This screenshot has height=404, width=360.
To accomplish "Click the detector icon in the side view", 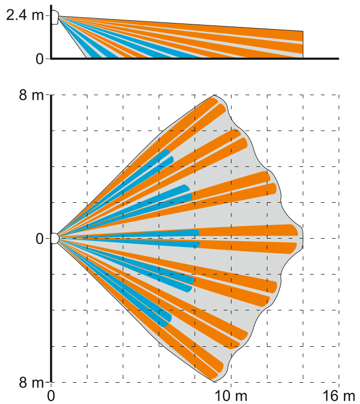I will click(55, 17).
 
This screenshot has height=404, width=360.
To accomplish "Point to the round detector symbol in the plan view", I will click(54, 238).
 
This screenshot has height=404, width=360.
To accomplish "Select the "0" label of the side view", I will click(40, 58).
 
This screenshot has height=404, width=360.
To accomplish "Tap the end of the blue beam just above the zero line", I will click(197, 232).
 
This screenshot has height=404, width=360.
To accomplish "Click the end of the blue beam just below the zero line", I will click(198, 244).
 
